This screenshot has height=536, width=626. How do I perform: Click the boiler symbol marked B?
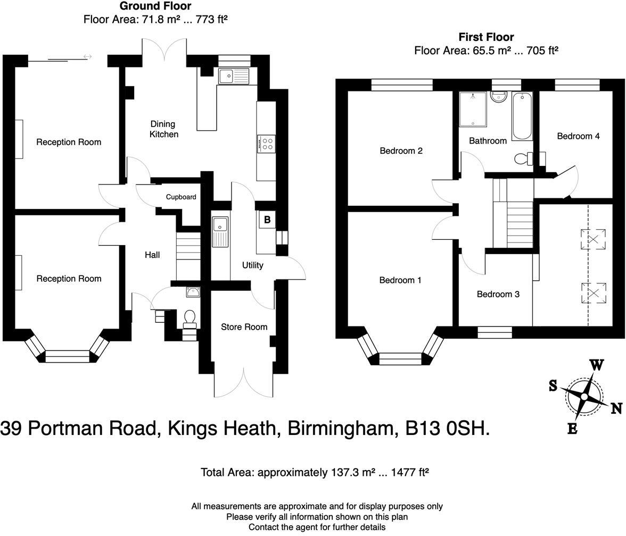267,220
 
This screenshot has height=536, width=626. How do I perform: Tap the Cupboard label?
181,197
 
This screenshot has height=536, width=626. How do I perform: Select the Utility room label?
252,265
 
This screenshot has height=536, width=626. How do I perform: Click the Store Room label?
244,326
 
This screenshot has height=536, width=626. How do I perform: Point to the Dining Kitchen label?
163,129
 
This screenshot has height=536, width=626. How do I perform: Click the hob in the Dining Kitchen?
267,143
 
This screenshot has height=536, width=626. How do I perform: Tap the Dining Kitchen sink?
234,76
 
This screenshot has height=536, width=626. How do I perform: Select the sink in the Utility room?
220,231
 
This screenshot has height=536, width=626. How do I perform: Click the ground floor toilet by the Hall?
190,318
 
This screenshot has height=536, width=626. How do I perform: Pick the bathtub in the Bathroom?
522,115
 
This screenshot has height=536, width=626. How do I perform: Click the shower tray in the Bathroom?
472,109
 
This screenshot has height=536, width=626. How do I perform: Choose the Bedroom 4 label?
578,136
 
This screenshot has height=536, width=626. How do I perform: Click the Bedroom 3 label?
498,294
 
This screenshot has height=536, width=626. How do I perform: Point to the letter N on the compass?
616,408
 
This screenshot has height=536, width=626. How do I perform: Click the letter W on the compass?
597,365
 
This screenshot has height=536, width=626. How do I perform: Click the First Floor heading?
486,37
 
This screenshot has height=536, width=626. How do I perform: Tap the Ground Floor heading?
155,6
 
